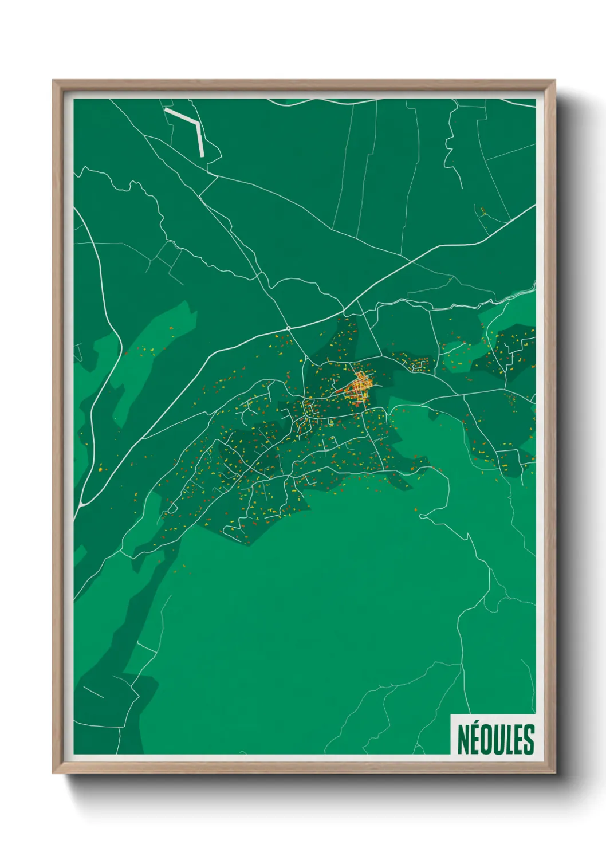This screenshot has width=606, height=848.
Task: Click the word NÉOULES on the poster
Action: pos(495,739)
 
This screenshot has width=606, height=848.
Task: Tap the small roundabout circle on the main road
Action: pos(289,328)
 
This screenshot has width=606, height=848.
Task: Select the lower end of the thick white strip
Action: pos(202,155)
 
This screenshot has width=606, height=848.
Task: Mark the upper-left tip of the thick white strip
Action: pos(166,109)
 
